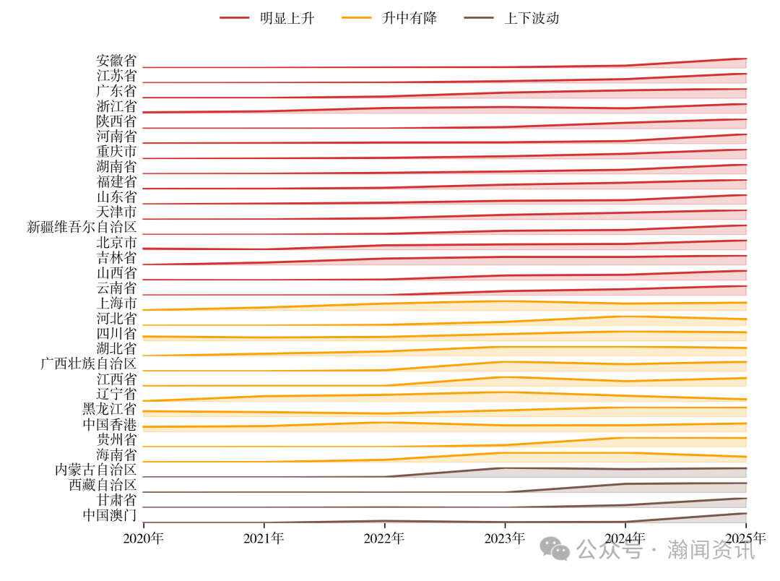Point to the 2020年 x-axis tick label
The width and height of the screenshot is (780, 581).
(x=143, y=538)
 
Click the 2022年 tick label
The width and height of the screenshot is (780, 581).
(x=384, y=538)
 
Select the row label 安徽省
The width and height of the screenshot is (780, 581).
(x=116, y=61)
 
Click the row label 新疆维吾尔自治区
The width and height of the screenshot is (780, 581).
(x=82, y=227)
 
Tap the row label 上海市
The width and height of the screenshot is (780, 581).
(x=116, y=303)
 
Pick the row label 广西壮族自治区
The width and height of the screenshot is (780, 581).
(x=88, y=363)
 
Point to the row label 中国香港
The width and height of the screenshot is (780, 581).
(x=109, y=424)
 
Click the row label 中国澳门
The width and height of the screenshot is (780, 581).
(x=109, y=515)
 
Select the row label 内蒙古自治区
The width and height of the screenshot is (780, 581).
(x=95, y=470)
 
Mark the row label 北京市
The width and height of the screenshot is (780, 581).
(x=116, y=242)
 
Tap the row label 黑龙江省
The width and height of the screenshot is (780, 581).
(x=109, y=409)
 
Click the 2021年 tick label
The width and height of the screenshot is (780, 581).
(x=264, y=538)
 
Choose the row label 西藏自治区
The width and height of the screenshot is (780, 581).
(x=103, y=485)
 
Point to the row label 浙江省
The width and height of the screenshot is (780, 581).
(x=116, y=106)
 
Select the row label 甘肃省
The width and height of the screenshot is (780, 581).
(x=116, y=500)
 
